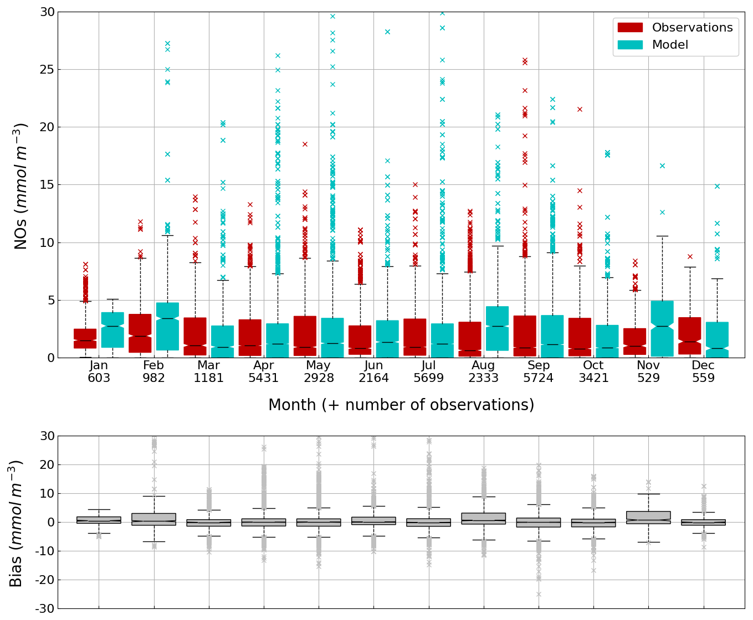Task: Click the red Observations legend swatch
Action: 630,28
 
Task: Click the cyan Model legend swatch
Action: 630,45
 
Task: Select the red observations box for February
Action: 140,333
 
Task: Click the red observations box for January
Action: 85,338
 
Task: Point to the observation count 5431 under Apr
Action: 263,379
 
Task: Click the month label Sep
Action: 539,366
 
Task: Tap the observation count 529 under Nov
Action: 648,379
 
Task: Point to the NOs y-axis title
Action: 21,186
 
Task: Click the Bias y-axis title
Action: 16,523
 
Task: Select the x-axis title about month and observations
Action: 401,405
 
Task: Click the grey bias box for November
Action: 648,518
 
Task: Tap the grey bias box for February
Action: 153,519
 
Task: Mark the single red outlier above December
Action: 690,256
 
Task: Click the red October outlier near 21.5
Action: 580,109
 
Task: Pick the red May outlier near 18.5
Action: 305,144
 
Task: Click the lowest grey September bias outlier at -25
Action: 539,594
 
